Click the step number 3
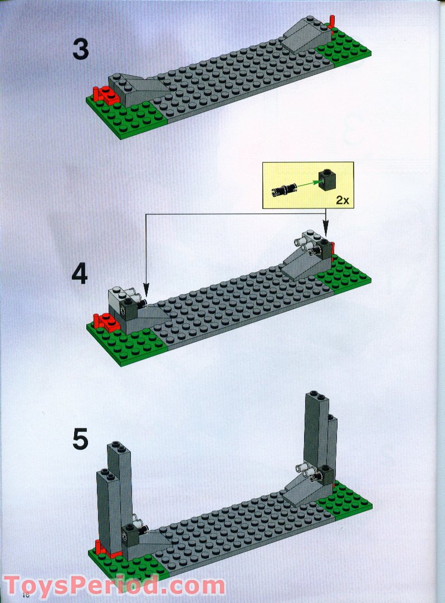tap(80, 50)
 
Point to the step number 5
tap(80, 439)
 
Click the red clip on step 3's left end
tap(105, 95)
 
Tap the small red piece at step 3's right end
tap(333, 23)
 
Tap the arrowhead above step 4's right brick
tap(326, 229)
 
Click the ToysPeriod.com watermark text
tap(114, 585)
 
